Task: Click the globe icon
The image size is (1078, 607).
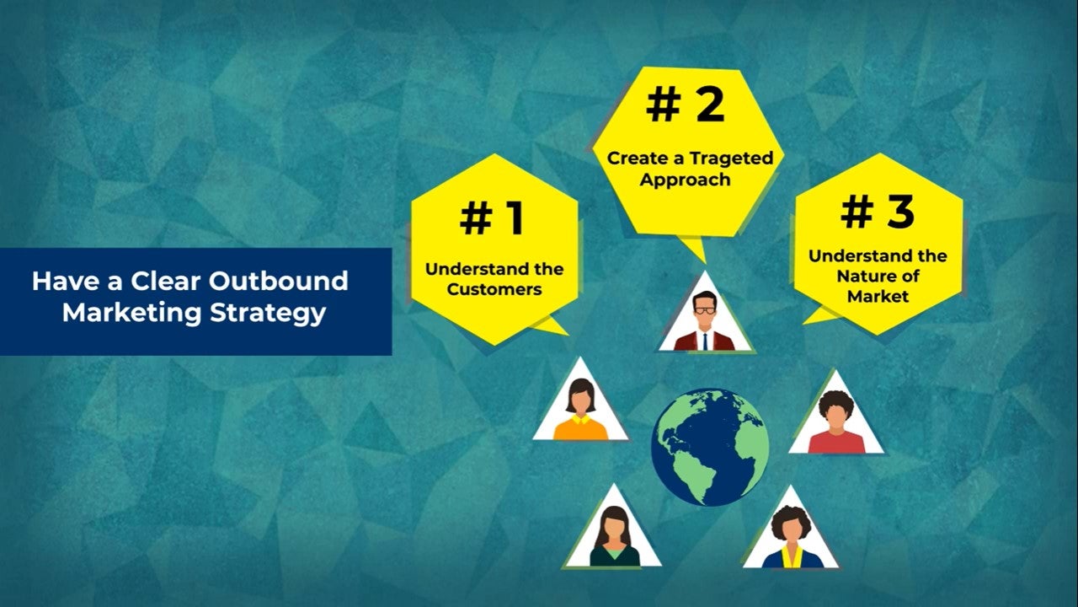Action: click(x=710, y=447)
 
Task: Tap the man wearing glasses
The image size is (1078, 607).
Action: click(x=705, y=321)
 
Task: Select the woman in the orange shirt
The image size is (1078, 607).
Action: click(x=581, y=410)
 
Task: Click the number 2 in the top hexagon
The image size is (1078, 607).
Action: click(x=709, y=105)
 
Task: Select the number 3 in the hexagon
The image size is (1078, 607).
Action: click(x=900, y=212)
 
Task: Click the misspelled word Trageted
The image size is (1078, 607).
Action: click(x=731, y=158)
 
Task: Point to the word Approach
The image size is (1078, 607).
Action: click(x=685, y=180)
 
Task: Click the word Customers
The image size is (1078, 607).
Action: click(x=494, y=289)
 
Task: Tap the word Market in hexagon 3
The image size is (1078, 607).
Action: click(x=878, y=296)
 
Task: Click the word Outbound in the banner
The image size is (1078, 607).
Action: click(x=278, y=281)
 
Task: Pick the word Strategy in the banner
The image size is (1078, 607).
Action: click(x=268, y=314)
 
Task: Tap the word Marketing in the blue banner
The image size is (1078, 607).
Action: click(x=131, y=314)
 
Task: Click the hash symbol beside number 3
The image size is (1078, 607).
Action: click(x=857, y=212)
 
